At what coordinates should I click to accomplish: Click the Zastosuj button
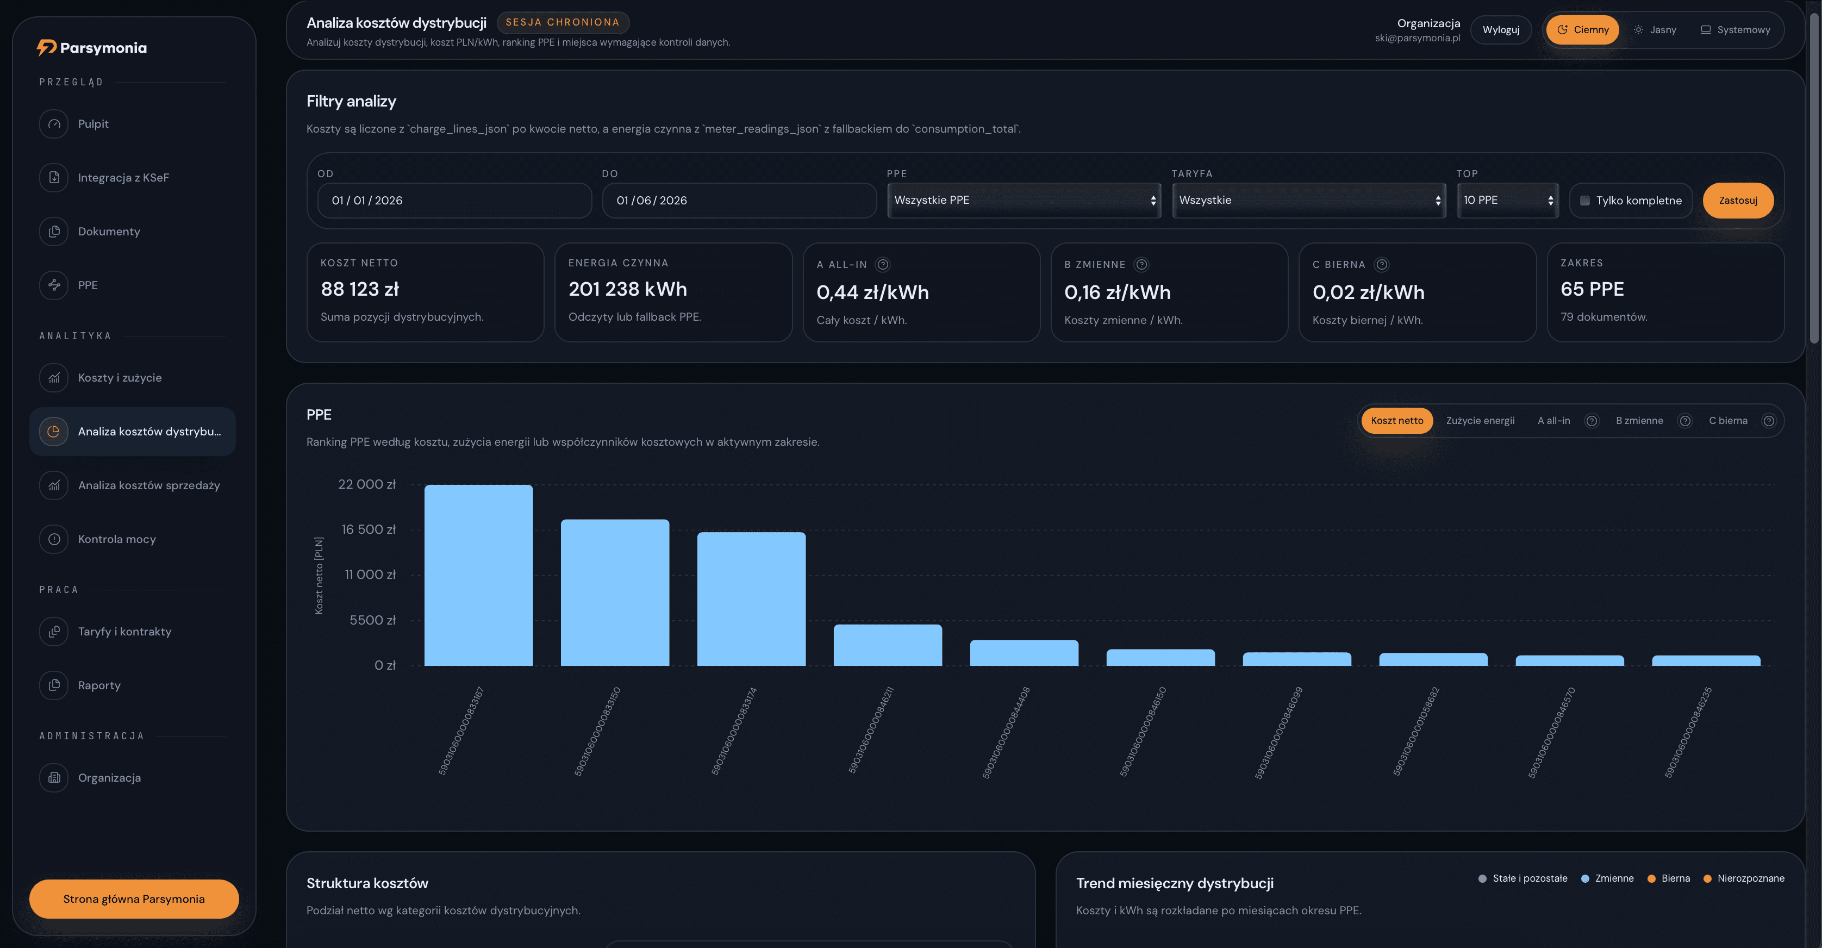1738,200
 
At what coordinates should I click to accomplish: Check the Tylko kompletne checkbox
1585,201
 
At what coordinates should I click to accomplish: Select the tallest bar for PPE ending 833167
478,575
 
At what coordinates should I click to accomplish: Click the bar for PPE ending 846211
888,645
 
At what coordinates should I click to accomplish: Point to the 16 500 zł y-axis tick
369,529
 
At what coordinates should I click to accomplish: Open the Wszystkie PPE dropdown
1024,200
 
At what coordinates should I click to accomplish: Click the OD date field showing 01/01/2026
455,200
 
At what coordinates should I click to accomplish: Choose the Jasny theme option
1655,30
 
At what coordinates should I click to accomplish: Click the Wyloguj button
1501,30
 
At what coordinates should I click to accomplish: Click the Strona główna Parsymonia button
134,899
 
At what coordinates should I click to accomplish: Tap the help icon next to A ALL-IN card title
883,265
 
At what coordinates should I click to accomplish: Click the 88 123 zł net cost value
360,289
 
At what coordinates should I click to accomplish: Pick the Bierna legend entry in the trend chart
1669,878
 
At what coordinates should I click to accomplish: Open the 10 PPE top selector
1507,200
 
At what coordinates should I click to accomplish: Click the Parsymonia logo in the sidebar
92,47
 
